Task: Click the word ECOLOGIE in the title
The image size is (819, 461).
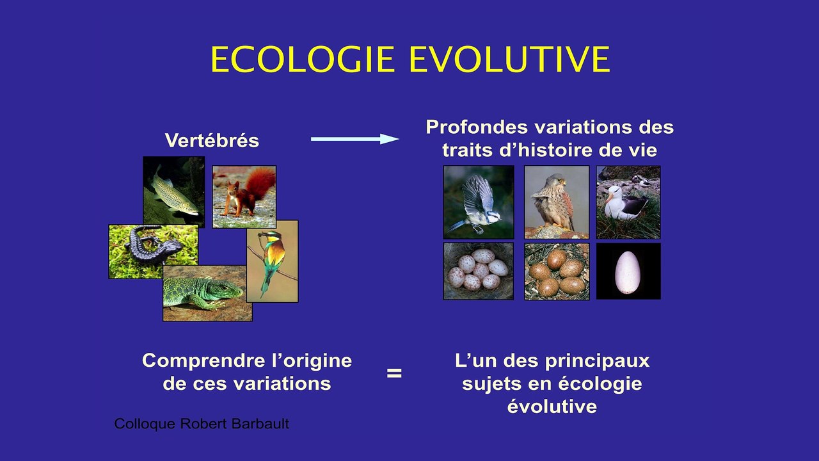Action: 305,60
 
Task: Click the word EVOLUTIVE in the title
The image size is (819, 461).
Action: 509,60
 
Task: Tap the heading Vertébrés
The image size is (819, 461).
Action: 212,141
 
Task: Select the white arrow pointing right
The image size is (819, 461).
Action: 355,139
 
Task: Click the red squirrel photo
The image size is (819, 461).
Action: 244,197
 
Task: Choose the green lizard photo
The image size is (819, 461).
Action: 207,293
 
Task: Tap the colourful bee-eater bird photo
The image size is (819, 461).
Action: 272,261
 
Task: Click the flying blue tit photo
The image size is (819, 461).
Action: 478,202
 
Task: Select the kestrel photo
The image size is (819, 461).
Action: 557,202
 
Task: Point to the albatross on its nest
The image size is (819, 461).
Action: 628,202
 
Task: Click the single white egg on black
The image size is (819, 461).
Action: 628,271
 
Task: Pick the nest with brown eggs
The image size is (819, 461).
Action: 557,271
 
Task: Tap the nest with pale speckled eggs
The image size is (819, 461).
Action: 478,271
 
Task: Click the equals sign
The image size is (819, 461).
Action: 394,373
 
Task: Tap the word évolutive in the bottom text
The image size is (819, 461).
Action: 552,407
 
